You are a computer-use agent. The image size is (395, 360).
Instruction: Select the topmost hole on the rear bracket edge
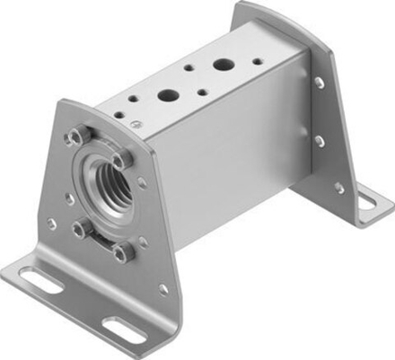point(320,83)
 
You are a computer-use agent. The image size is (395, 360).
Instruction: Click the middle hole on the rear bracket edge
point(320,141)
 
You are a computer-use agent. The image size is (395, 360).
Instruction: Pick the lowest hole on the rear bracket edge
point(338,188)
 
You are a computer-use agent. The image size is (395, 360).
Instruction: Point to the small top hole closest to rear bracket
point(258,62)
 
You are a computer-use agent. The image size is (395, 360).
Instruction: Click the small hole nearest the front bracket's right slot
point(162,288)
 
